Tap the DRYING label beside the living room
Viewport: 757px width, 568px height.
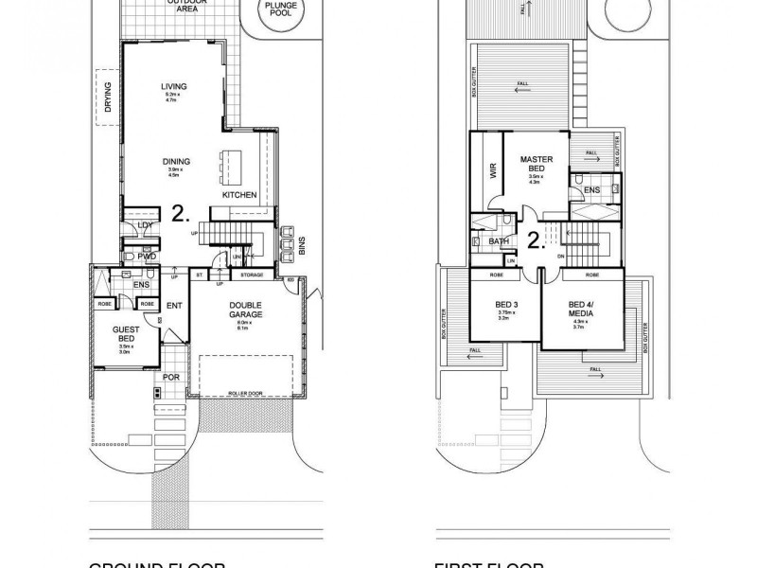pos(108,98)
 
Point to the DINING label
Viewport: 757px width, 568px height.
pos(176,162)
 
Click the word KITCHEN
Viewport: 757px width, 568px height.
pos(239,195)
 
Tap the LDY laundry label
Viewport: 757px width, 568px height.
pos(145,224)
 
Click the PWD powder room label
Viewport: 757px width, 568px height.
pos(146,256)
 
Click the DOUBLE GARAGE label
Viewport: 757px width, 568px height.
pos(244,309)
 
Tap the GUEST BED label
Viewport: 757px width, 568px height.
pos(125,332)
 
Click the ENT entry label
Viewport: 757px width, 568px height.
pos(174,305)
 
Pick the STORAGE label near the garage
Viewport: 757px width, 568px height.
pos(252,275)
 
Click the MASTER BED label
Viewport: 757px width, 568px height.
pos(536,164)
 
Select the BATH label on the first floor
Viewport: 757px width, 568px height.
pos(500,241)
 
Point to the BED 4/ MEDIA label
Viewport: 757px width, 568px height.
pos(581,310)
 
